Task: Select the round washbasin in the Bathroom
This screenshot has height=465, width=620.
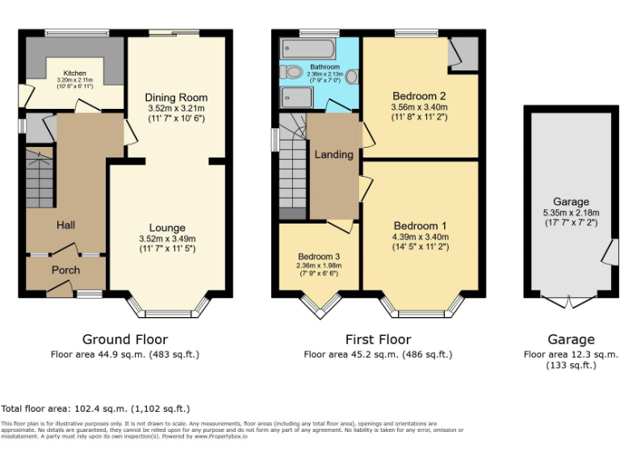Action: coord(351,77)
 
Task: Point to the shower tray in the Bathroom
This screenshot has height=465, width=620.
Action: coord(296,98)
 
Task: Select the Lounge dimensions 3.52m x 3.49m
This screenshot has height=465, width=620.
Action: coord(167,238)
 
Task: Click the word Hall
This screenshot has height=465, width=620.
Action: coord(65,225)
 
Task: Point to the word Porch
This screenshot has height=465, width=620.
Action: coord(66,270)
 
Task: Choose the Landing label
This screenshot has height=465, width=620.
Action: coord(333,154)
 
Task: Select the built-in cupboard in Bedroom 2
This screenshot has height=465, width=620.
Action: coord(465,53)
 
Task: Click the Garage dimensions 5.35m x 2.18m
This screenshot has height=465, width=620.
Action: coord(571,213)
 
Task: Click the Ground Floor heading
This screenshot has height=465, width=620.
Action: coord(125,339)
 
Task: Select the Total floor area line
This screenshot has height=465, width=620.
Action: coord(96,408)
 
